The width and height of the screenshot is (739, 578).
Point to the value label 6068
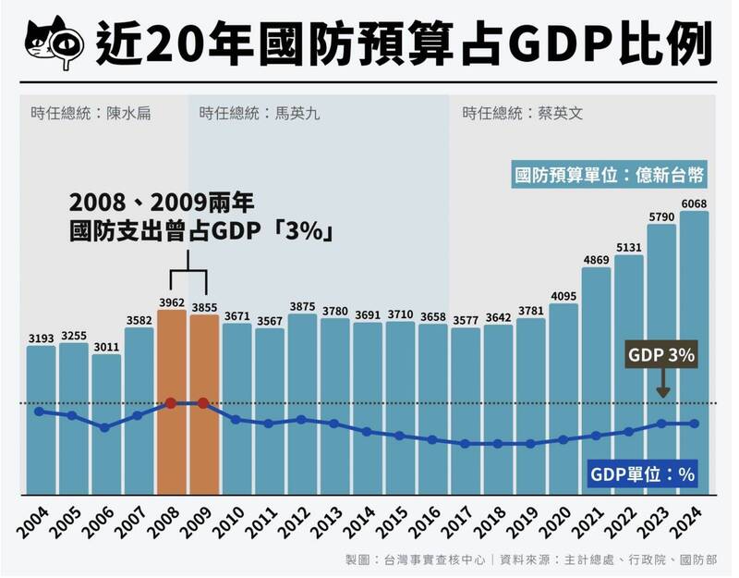tap(694, 203)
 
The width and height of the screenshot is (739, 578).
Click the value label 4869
tap(597, 260)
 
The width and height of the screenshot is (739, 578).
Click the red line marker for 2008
tap(171, 403)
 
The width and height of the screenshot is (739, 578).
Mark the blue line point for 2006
tap(105, 427)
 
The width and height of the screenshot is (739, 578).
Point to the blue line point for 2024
tap(694, 424)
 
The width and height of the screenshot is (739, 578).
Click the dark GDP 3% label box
tap(661, 355)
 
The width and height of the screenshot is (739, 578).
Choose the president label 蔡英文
tap(521, 114)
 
